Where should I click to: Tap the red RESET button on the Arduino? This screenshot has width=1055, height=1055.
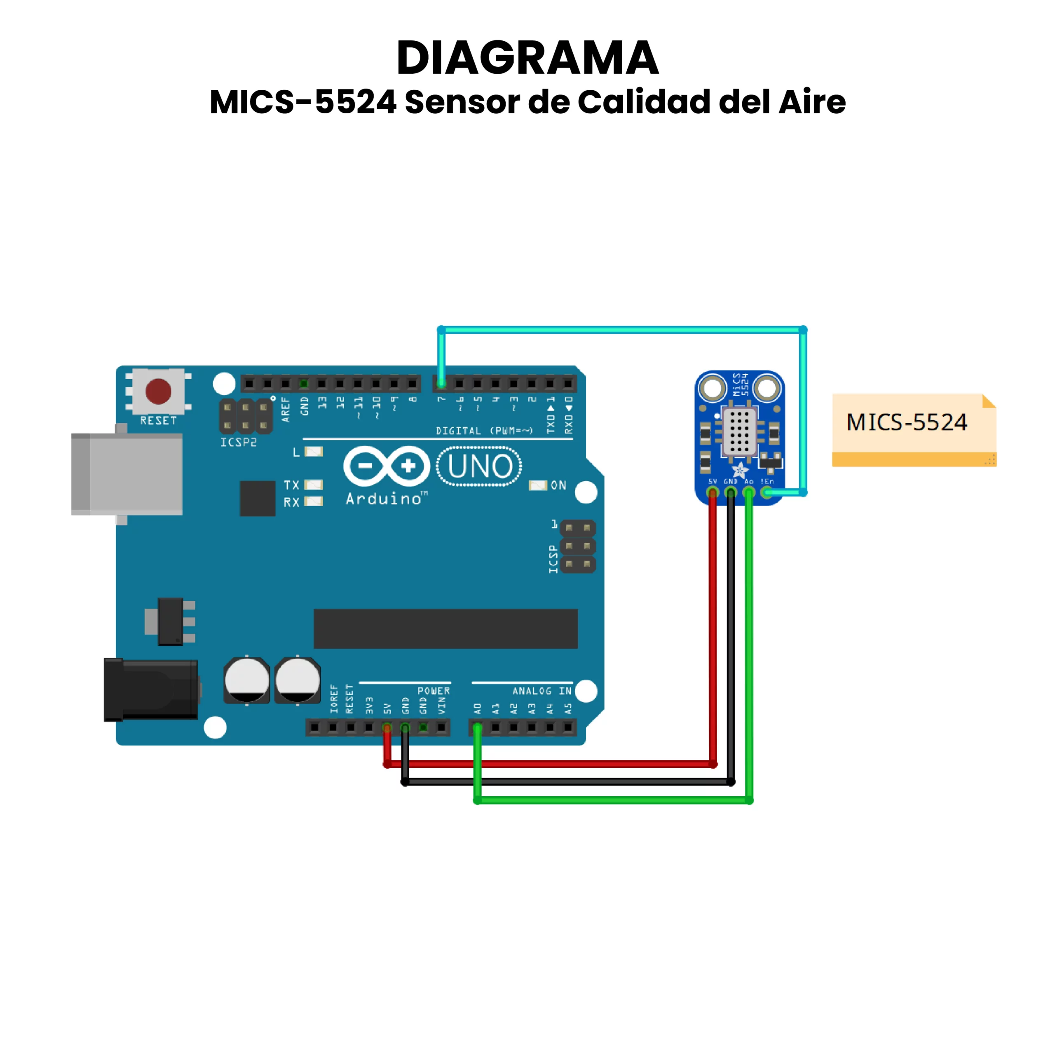coord(158,391)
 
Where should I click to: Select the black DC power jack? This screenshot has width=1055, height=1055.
coord(151,690)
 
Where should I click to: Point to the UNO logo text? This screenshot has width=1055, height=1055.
coord(479,467)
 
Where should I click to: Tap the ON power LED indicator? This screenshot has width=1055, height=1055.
coord(538,485)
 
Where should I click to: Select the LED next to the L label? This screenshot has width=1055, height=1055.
coord(314,452)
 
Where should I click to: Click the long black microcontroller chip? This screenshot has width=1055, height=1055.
coord(445,628)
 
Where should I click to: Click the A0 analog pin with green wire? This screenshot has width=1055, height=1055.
coord(477,727)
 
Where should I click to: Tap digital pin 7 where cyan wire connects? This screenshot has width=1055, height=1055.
coord(441,383)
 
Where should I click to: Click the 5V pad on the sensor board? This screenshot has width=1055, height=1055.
coord(713,492)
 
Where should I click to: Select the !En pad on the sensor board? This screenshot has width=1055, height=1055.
coord(767,492)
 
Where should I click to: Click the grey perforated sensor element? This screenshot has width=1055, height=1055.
coord(739,431)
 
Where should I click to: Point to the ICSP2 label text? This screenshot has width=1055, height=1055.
coord(239,442)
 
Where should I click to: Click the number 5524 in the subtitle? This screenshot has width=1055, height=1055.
coord(356,102)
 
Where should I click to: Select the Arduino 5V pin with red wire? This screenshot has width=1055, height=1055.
coord(387,727)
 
